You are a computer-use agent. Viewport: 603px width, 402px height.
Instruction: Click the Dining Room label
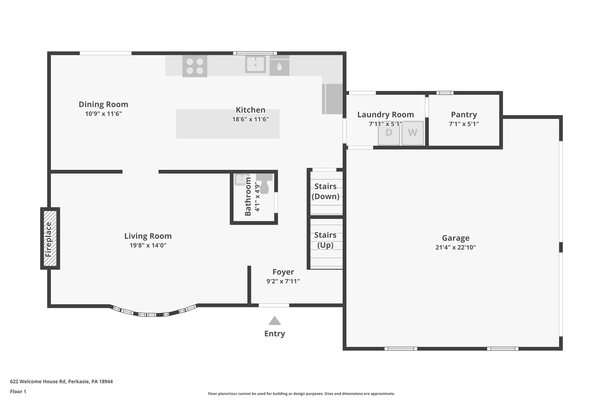(103, 105)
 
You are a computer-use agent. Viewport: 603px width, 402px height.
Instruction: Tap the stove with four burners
(195, 66)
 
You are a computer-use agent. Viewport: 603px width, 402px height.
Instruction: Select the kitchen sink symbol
(255, 64)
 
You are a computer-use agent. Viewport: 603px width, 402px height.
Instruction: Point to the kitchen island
(227, 124)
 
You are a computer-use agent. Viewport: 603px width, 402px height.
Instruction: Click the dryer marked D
(389, 133)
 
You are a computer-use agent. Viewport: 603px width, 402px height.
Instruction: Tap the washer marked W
(413, 133)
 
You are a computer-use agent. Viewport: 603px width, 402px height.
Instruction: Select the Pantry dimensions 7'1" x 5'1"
(464, 124)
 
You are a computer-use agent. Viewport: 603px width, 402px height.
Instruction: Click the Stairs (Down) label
(325, 191)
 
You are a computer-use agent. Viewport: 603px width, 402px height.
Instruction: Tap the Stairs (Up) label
(325, 240)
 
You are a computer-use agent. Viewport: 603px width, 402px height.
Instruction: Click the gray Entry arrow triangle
(274, 321)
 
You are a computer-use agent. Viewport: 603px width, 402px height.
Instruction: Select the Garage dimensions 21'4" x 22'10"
(455, 247)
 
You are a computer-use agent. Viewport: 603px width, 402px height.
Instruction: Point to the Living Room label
(148, 236)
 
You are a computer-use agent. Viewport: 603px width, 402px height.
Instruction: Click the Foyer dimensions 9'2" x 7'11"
(283, 282)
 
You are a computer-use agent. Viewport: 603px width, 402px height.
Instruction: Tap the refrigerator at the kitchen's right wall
(333, 99)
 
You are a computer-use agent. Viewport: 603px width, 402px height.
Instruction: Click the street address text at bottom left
(61, 381)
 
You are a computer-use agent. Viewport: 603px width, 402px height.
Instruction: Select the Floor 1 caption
(18, 391)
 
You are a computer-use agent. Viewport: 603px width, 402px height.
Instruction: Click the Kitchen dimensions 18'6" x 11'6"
(250, 120)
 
